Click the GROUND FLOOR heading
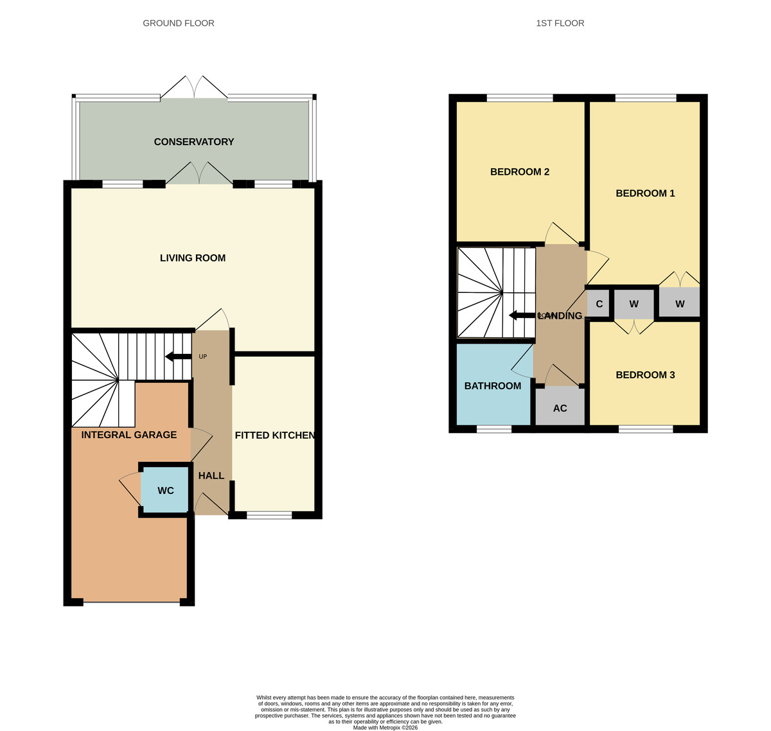tap(179, 23)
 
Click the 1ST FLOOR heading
tap(560, 23)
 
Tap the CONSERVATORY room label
tap(194, 142)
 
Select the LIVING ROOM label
tap(193, 258)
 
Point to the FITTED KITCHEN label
tap(274, 436)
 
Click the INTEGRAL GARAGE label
tap(129, 435)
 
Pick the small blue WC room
tap(165, 490)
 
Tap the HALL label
tap(211, 476)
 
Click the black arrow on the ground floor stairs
tap(178, 357)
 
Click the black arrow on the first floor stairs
tap(521, 315)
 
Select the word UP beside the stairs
tap(203, 357)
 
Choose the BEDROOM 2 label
tap(520, 172)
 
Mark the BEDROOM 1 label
tap(645, 193)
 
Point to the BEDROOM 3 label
tap(645, 375)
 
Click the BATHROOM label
tap(493, 386)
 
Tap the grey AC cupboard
tap(560, 407)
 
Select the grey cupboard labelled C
tap(599, 304)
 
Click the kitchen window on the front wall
tap(269, 515)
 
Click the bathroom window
tap(494, 429)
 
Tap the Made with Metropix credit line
tap(385, 728)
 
